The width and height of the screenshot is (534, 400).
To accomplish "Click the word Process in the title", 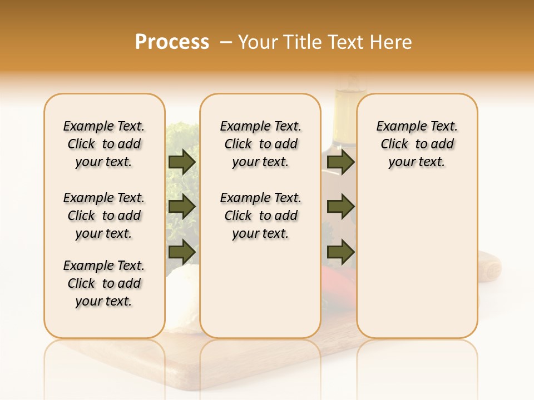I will pos(172,42).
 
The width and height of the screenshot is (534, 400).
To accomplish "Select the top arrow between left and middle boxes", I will pos(182,162).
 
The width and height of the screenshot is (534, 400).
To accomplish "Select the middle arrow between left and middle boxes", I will pos(182,207).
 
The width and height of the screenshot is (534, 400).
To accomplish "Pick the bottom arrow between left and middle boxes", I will pos(182,252).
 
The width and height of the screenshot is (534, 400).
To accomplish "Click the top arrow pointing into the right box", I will pos(340,162).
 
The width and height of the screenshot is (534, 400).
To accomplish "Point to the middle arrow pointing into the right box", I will pos(340,207).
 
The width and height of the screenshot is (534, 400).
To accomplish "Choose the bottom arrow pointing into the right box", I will pos(340,252).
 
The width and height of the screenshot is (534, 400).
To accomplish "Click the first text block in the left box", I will pos(104,144).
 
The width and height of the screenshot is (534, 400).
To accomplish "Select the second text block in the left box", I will pos(104,216).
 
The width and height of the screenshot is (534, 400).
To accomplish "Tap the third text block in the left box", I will pos(104,283).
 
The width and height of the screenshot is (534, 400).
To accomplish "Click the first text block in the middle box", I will pos(260,144).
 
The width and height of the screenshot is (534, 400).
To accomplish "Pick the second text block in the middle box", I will pos(260,216).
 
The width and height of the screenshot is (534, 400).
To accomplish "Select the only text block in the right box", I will pos(417,144).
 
